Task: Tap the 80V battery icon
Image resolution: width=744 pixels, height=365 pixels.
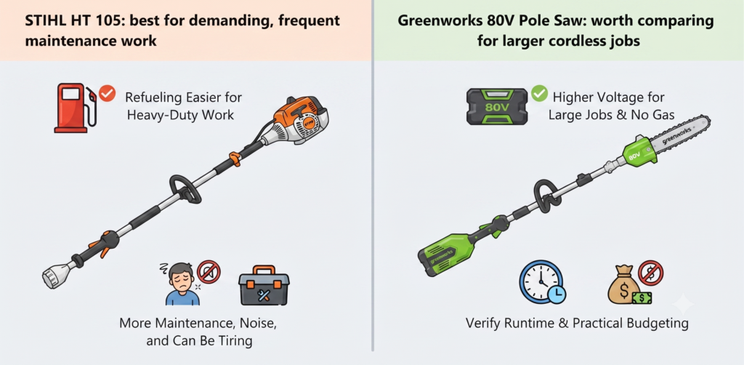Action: (497, 106)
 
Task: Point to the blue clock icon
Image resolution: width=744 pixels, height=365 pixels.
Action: (541, 282)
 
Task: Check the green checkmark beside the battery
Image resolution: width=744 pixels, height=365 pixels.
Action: (539, 94)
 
